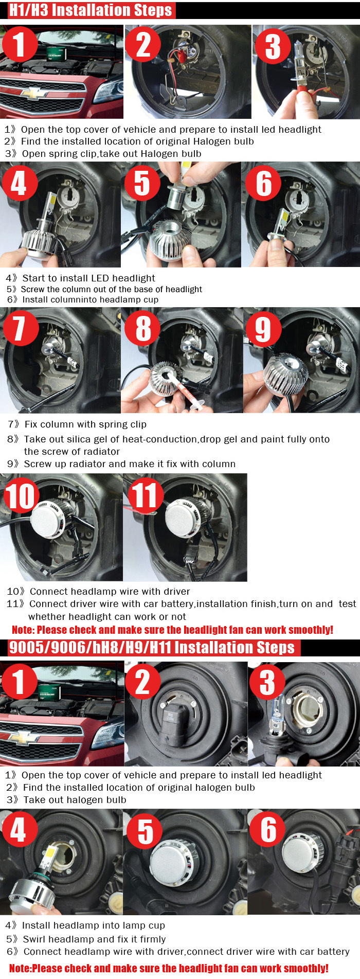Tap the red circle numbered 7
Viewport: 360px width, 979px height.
[20, 328]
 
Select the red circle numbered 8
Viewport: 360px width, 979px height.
[142, 328]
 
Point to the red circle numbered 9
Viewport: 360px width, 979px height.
[263, 329]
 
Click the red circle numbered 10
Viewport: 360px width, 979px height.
[21, 495]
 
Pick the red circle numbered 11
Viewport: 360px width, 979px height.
[146, 495]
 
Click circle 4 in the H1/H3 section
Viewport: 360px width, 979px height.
[19, 183]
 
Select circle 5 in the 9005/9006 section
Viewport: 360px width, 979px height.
[145, 831]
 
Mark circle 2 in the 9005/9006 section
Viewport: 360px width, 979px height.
[143, 683]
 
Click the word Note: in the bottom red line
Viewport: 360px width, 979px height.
[21, 968]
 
